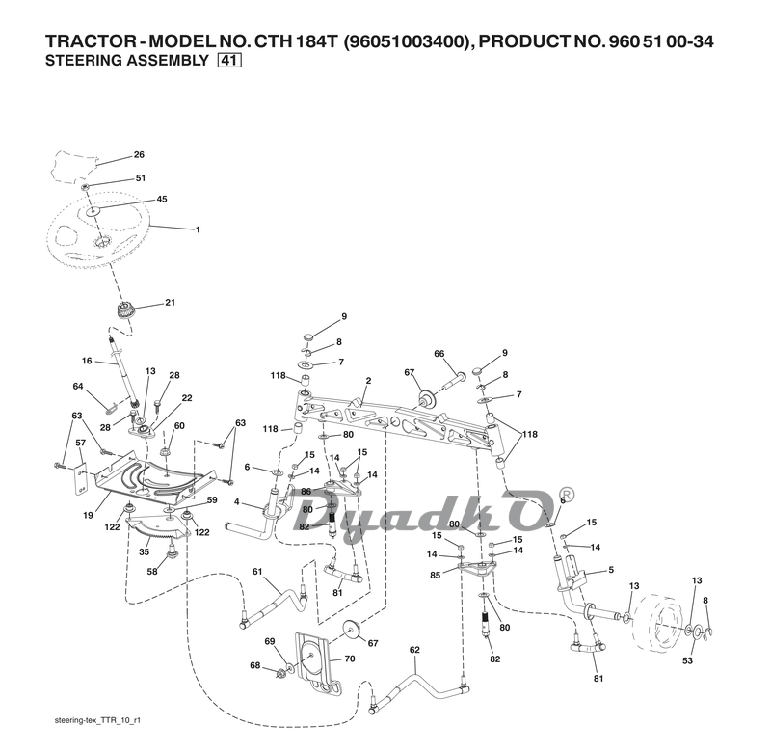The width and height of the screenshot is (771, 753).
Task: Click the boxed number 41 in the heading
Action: pyautogui.click(x=229, y=61)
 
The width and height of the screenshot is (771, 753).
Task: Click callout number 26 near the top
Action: pyautogui.click(x=139, y=154)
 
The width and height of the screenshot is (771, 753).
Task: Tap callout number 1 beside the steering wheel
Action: pyautogui.click(x=198, y=229)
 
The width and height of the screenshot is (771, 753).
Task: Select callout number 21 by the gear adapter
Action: pyautogui.click(x=170, y=303)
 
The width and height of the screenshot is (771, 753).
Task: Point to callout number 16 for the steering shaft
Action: pyautogui.click(x=87, y=361)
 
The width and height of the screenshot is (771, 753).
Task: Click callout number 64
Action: pyautogui.click(x=79, y=387)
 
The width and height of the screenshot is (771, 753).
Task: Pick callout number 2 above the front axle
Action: pyautogui.click(x=368, y=382)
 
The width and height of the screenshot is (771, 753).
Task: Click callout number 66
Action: pyautogui.click(x=439, y=354)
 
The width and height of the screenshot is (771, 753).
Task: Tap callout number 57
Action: pyautogui.click(x=81, y=444)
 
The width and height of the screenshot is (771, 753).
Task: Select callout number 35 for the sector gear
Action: pyautogui.click(x=145, y=552)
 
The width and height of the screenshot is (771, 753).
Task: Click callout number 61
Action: pyautogui.click(x=257, y=573)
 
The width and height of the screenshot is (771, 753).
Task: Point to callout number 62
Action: pyautogui.click(x=414, y=650)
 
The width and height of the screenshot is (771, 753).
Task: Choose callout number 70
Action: pyautogui.click(x=349, y=659)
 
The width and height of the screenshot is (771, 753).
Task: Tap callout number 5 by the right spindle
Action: pyautogui.click(x=610, y=570)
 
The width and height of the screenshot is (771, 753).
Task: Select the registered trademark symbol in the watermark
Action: pyautogui.click(x=568, y=494)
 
